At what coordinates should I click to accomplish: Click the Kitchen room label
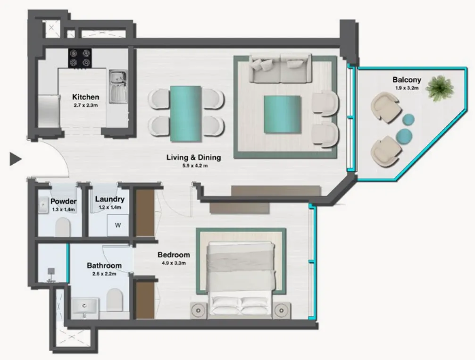pos(85,97)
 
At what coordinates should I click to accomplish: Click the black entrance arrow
pos(16,159)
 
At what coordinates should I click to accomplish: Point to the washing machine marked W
pos(118,226)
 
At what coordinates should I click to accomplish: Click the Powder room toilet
pos(63,228)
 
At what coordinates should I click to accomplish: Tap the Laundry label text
pos(109,199)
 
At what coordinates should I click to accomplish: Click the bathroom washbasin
pos(85,308)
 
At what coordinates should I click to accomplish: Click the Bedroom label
pos(174,255)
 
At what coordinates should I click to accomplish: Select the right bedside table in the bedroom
pos(282,310)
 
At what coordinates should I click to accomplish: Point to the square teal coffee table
pos(282,114)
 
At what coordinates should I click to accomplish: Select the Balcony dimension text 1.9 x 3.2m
pos(406,88)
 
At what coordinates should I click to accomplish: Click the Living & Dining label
pos(193,158)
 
